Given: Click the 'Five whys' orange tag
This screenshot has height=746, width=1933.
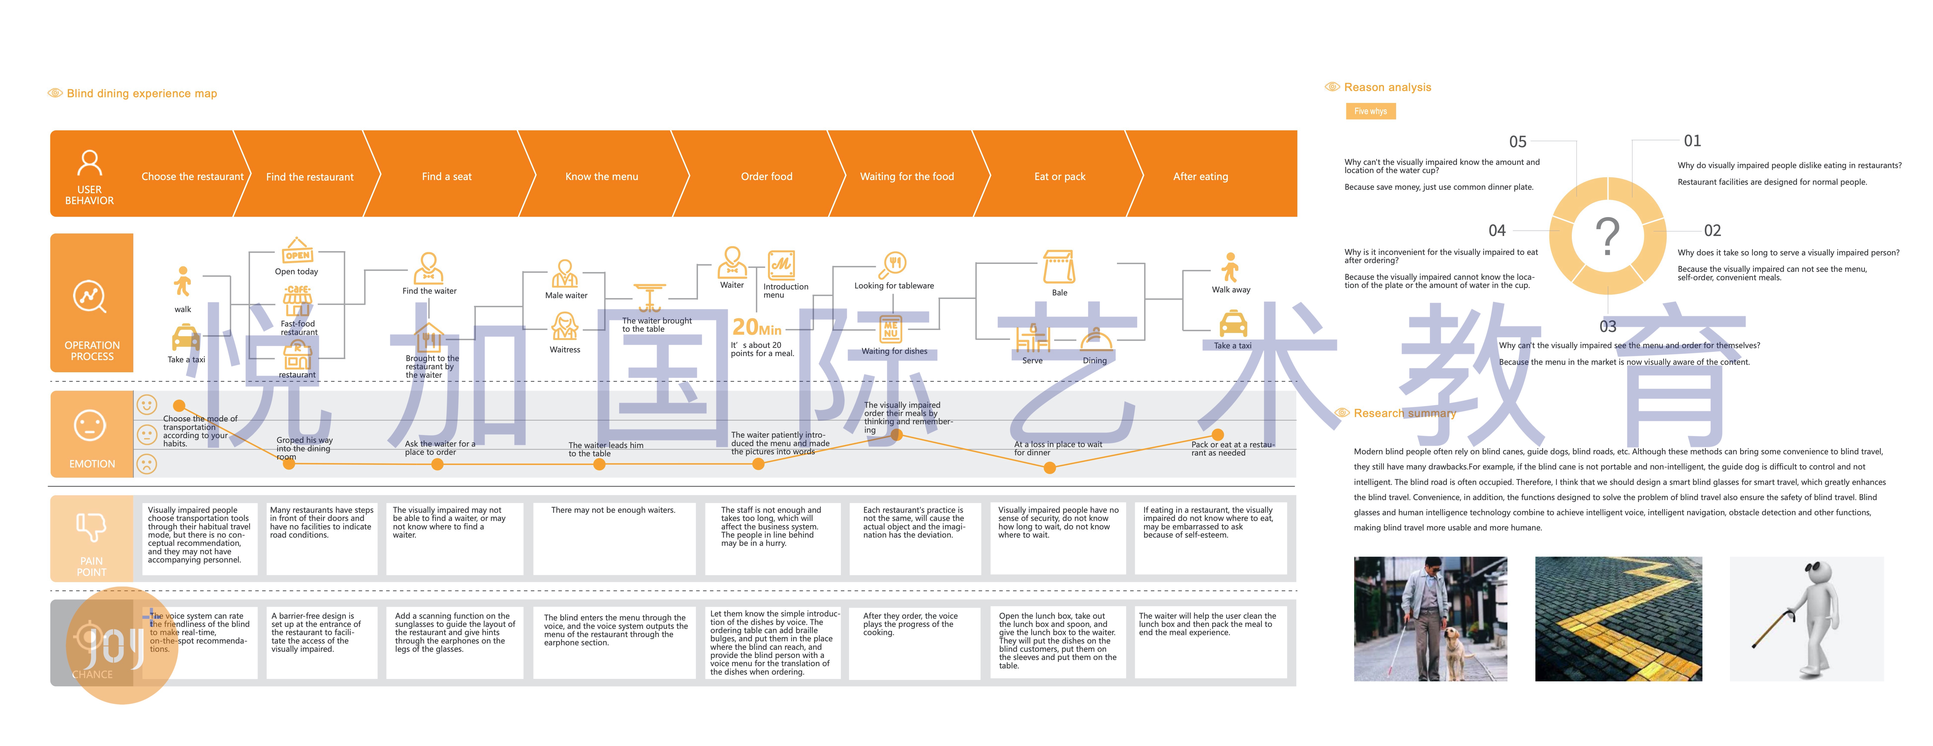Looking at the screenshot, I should (x=1370, y=111).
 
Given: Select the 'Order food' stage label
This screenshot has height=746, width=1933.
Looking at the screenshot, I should (x=766, y=176).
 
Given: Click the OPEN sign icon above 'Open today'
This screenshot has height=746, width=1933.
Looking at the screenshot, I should (x=297, y=252).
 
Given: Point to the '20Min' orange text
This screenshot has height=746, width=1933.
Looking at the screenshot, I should (x=756, y=327).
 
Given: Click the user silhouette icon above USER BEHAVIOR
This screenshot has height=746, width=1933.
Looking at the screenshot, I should (x=89, y=163).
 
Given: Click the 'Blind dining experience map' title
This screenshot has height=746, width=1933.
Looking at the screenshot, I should (x=142, y=93).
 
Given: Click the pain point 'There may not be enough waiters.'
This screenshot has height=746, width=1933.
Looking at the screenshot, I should (x=613, y=510).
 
